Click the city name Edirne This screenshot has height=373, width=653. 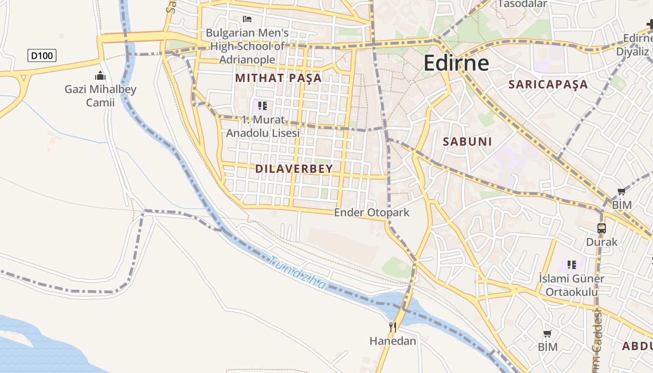point(456,63)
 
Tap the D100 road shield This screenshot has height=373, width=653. point(42,56)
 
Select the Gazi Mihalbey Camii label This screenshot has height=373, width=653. point(100,96)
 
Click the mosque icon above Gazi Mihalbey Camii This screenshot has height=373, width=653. point(100,76)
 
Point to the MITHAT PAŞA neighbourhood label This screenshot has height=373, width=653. point(278,78)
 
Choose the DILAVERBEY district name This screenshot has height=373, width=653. point(294,169)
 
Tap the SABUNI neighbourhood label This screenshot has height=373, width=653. point(467,142)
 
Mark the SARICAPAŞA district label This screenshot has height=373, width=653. point(548,84)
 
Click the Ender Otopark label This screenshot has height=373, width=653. point(372,213)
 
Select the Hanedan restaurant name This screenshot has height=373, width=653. point(393,341)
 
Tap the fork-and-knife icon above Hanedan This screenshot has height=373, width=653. point(393,327)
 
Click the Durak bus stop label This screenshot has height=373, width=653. point(602,242)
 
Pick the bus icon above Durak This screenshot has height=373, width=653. point(602,228)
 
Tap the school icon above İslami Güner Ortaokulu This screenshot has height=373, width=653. point(571,265)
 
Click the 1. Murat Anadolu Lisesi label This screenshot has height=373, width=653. point(263,126)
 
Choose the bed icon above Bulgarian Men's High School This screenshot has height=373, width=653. point(247,19)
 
